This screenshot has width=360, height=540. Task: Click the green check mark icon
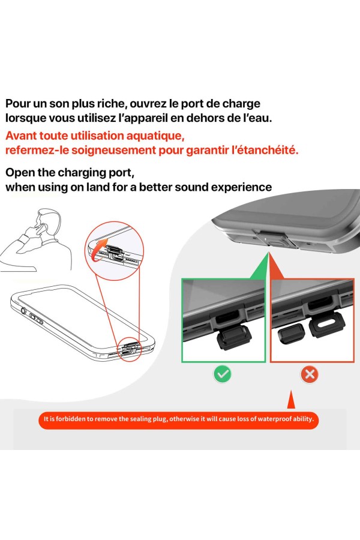(x=223, y=375)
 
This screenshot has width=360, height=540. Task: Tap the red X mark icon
(x=310, y=375)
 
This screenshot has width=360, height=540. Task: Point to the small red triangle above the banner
(x=291, y=400)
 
